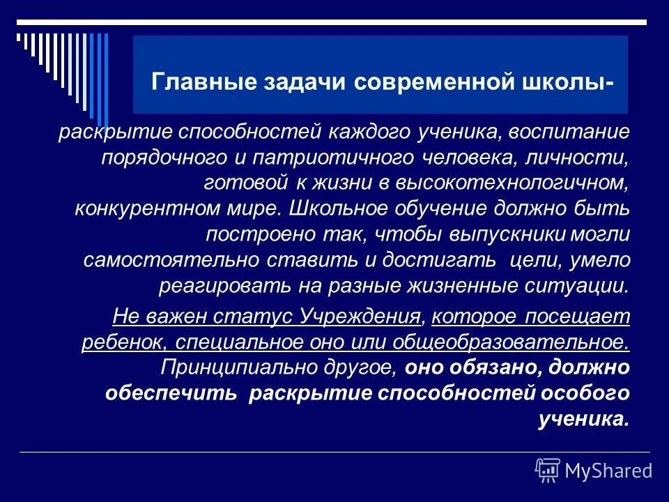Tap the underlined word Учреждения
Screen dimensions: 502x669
(x=360, y=317)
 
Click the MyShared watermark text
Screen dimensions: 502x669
(x=608, y=471)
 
